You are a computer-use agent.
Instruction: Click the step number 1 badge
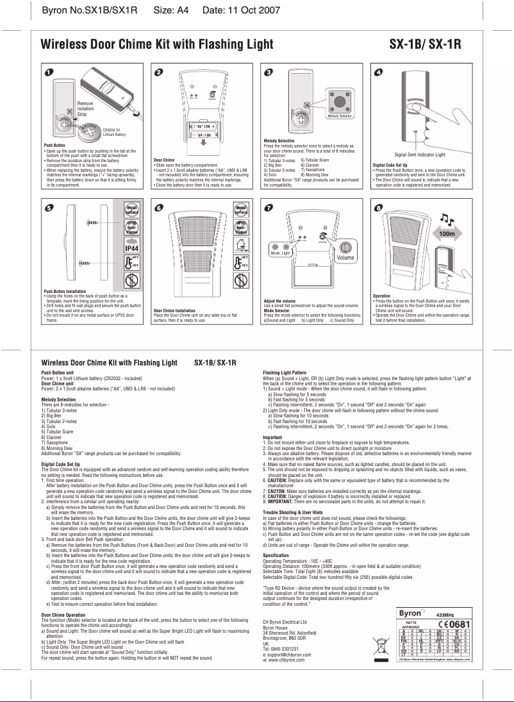tap(49, 71)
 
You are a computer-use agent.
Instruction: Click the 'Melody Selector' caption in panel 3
tap(341, 115)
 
